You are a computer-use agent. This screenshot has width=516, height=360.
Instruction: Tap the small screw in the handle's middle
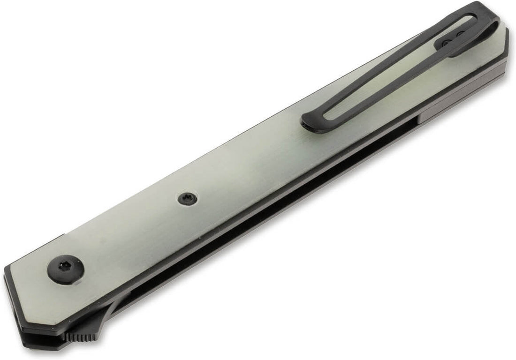(186, 199)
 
